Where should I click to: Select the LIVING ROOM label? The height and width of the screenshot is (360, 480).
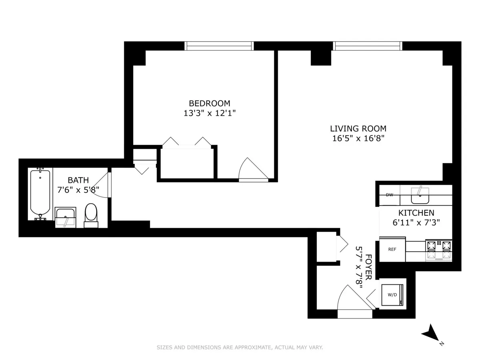tap(358, 128)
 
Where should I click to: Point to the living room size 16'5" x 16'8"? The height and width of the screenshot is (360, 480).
tap(358, 138)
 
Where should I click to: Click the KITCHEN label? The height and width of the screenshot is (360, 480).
tap(416, 213)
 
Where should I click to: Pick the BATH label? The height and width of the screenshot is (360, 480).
tap(78, 180)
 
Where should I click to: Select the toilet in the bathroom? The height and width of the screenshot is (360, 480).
tap(91, 214)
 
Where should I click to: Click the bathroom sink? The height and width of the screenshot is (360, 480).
tap(65, 217)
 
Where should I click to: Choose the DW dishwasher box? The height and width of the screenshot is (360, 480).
tap(389, 195)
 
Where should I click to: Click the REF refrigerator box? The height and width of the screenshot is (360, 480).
tap(392, 249)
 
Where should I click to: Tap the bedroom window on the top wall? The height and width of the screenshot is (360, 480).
tap(219, 46)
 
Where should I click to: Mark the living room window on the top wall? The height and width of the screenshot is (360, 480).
tap(367, 46)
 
